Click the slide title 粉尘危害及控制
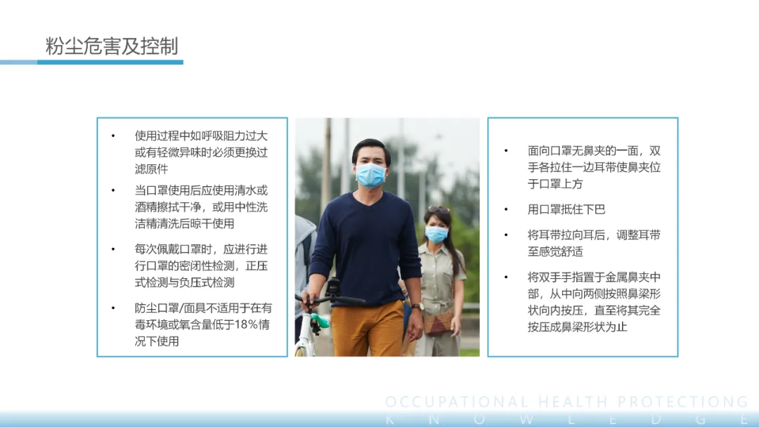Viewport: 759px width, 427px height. coord(112,46)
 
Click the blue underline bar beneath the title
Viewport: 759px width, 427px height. coord(110,62)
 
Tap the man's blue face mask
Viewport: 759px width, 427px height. coord(371,175)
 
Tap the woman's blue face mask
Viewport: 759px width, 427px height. coord(436,234)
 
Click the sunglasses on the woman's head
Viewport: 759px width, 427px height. coord(438,209)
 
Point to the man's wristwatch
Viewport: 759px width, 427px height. coord(417,306)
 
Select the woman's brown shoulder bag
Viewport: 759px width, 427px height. coord(438,322)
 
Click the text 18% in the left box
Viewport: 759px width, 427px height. coord(247,324)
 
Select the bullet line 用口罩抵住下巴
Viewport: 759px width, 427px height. coord(566,209)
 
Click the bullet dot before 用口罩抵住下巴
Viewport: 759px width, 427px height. coord(506,209)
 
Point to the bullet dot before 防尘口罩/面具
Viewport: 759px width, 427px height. coord(113,308)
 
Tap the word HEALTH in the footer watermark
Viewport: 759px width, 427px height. coord(573,402)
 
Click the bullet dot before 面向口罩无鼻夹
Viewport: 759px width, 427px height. coord(506,151)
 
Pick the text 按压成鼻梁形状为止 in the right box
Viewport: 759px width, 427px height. coord(578,327)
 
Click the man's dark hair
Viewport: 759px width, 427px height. coord(371,148)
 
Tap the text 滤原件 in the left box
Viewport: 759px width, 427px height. coord(152,169)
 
